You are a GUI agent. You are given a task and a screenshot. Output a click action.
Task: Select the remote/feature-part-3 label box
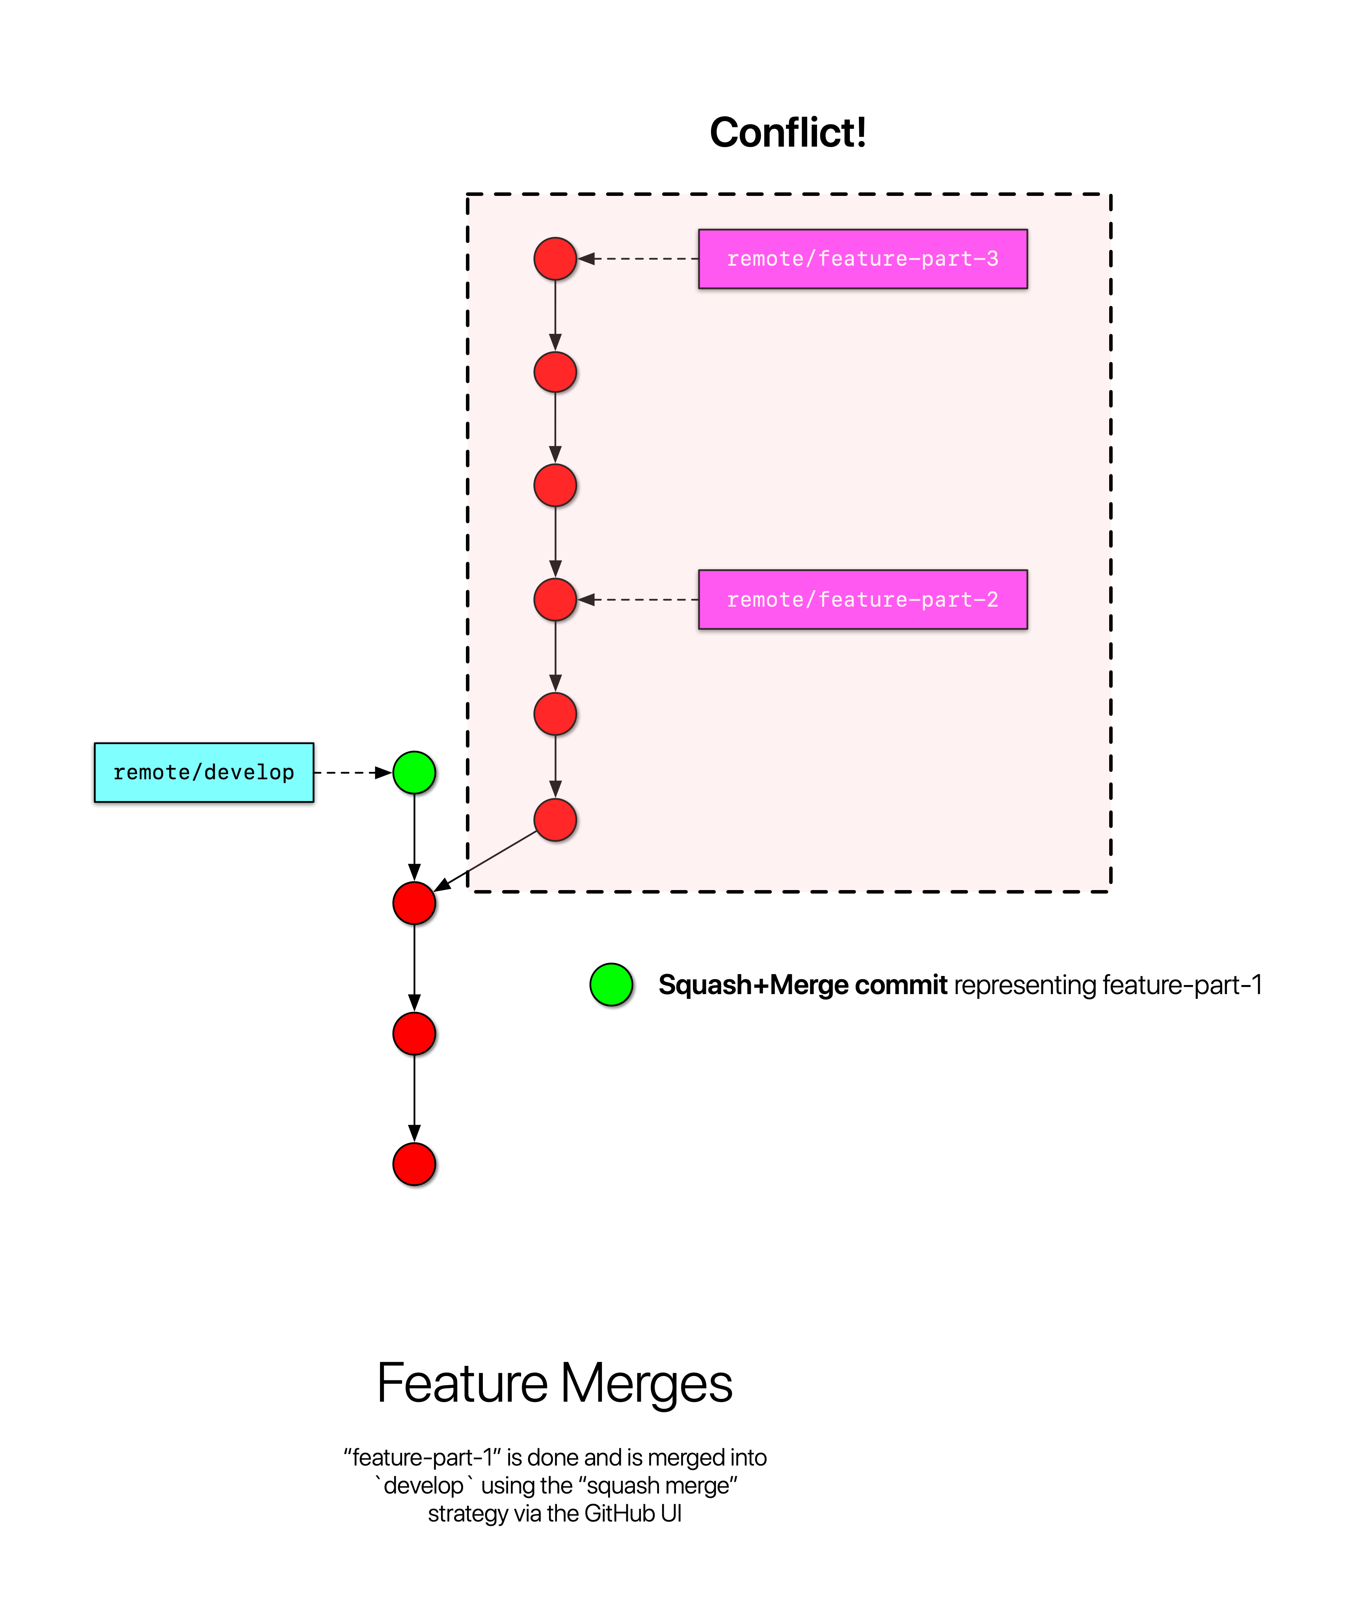(862, 259)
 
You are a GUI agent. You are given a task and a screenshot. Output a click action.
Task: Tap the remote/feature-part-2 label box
(862, 599)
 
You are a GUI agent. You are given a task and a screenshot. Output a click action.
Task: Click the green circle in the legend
(611, 985)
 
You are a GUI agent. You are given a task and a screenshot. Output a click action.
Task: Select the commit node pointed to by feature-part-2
(555, 599)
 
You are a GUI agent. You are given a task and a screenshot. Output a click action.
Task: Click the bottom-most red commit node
(415, 1164)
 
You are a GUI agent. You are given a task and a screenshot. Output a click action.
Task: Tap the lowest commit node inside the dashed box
(555, 820)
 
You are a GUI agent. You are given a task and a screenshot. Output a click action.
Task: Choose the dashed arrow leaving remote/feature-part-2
(638, 599)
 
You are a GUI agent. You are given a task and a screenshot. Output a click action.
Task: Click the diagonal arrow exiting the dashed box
(486, 861)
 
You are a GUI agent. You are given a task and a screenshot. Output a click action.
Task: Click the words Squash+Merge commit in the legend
(802, 985)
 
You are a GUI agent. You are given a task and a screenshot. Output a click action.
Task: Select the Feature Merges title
(555, 1384)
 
